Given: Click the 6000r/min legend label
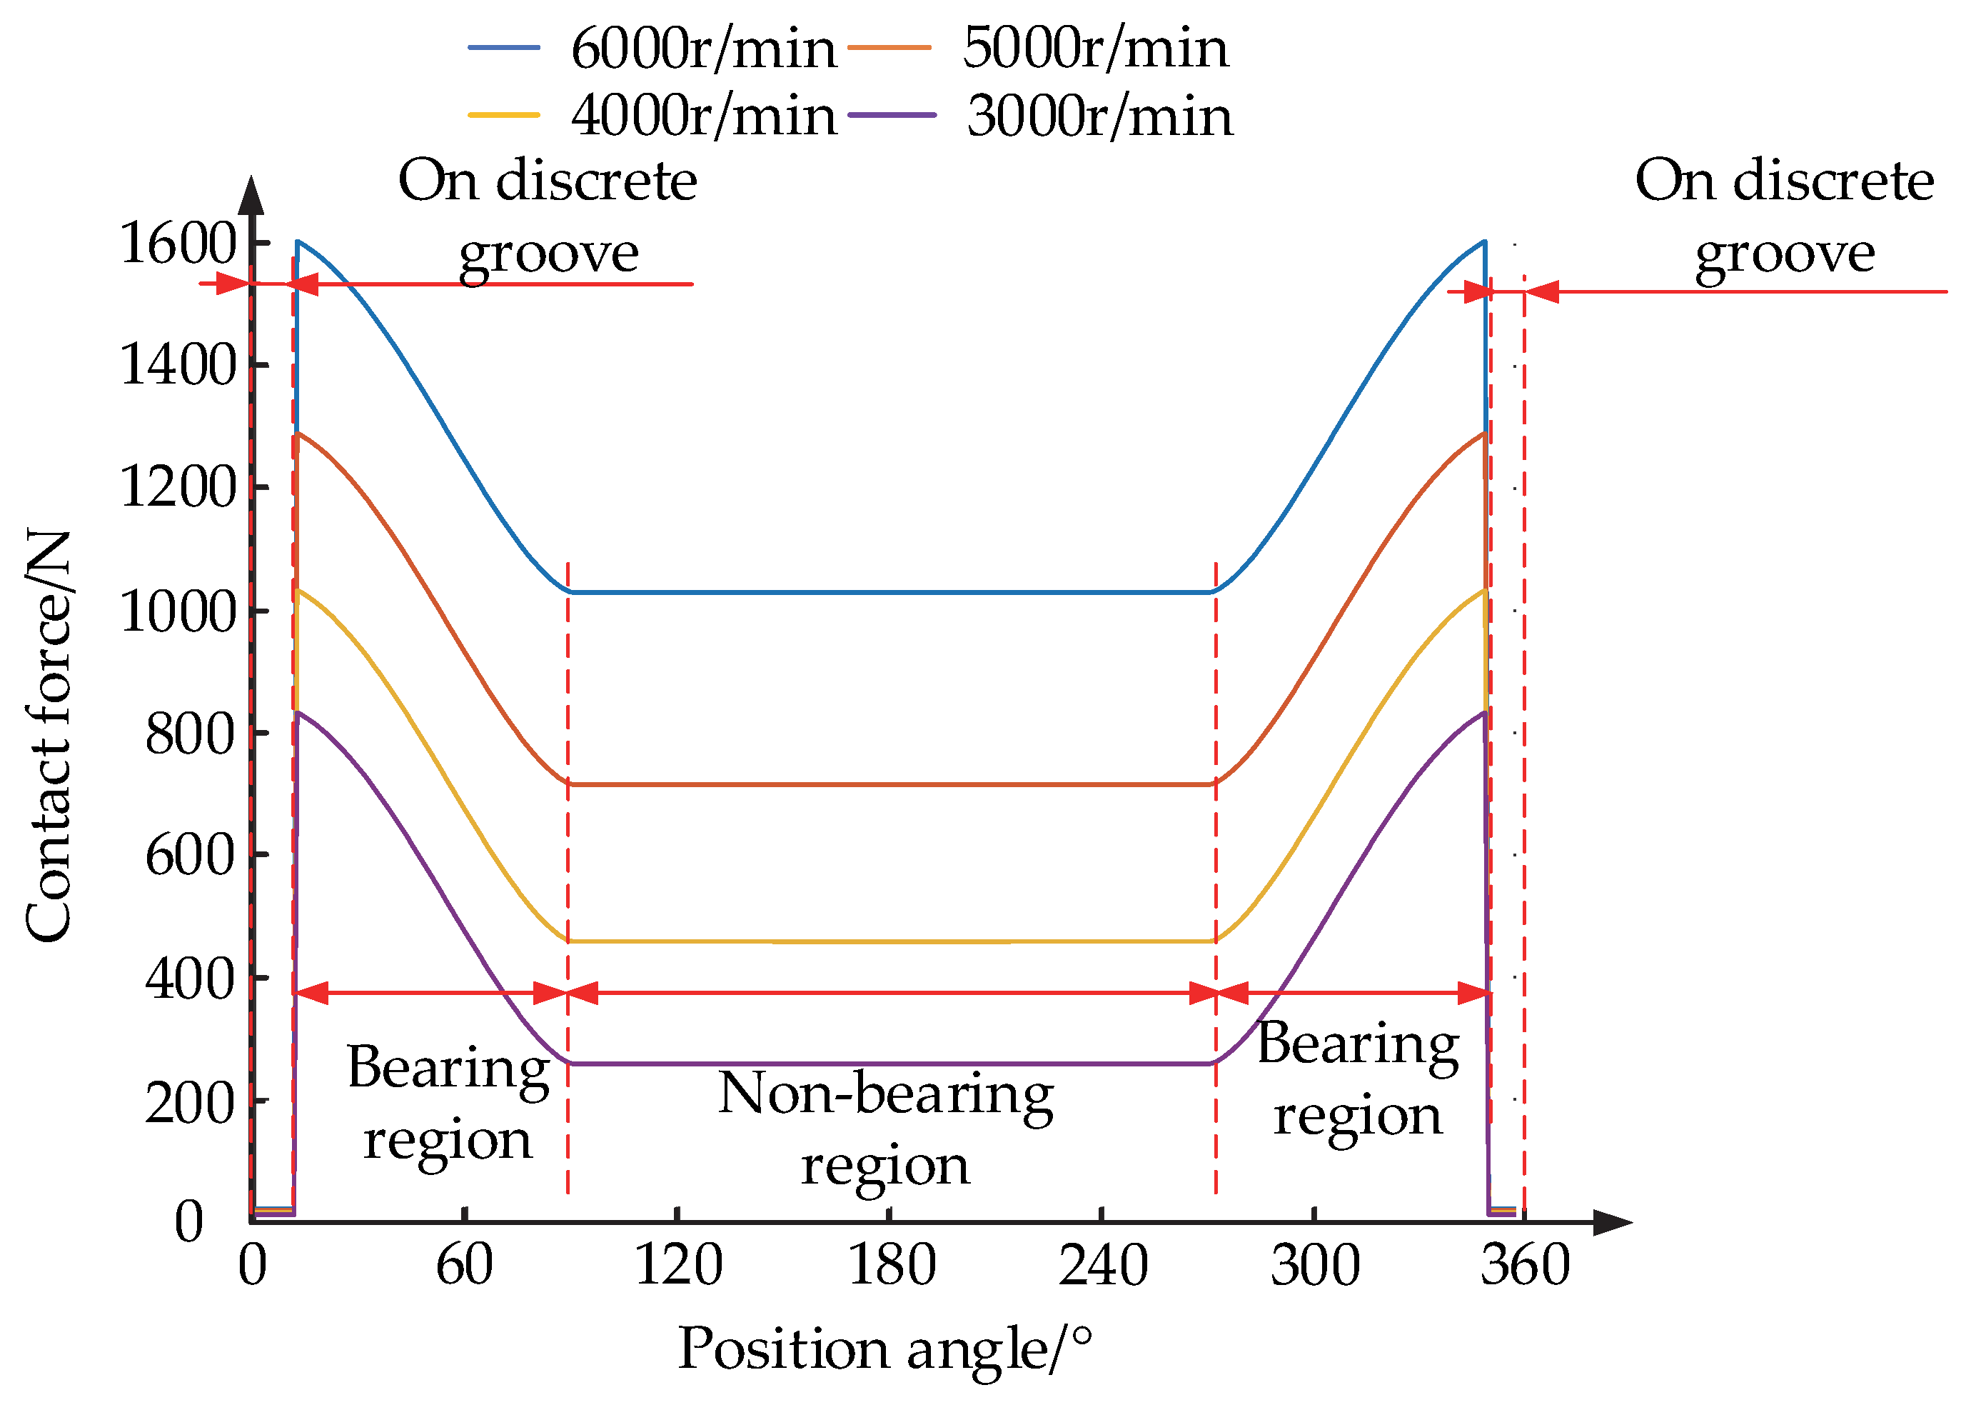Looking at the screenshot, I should [703, 48].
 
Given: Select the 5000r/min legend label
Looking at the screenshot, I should [1095, 48].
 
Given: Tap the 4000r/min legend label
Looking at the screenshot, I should [703, 116].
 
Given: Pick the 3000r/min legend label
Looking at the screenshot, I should [1099, 116].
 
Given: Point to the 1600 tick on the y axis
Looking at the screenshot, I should [178, 243].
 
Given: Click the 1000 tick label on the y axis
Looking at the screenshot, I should [178, 611].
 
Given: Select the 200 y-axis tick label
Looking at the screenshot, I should [190, 1103].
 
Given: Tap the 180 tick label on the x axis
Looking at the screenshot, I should [891, 1265].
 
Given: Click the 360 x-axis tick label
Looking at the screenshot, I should [1525, 1265].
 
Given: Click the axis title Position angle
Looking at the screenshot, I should [884, 1349].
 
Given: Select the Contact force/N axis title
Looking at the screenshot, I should [49, 736].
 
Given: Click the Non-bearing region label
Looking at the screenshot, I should [885, 1129].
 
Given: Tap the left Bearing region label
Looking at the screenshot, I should [448, 1103].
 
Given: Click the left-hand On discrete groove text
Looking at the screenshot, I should [548, 217].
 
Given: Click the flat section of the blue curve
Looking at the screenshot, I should [891, 592].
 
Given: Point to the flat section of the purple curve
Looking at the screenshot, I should [891, 1064].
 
